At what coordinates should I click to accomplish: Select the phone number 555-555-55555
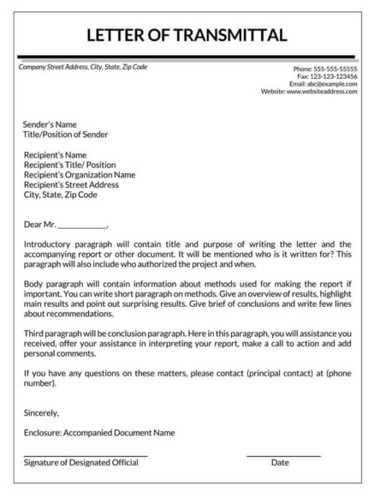(331, 69)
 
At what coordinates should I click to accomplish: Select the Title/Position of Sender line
(66, 134)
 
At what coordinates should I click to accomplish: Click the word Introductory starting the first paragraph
(50, 244)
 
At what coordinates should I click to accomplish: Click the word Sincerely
(42, 412)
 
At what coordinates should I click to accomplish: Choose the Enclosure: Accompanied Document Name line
(98, 433)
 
